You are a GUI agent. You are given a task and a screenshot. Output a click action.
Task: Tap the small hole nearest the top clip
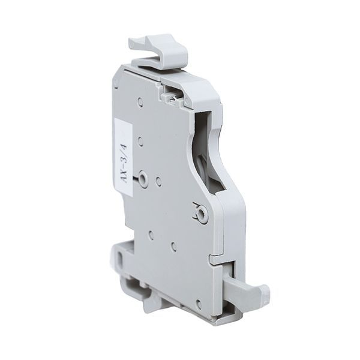(x=140, y=102)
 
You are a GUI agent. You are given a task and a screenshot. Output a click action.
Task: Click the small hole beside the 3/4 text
(x=140, y=142)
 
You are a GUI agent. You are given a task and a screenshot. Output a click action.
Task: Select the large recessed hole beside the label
(x=142, y=178)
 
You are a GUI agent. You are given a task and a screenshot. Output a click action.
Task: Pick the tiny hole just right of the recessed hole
(x=158, y=179)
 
